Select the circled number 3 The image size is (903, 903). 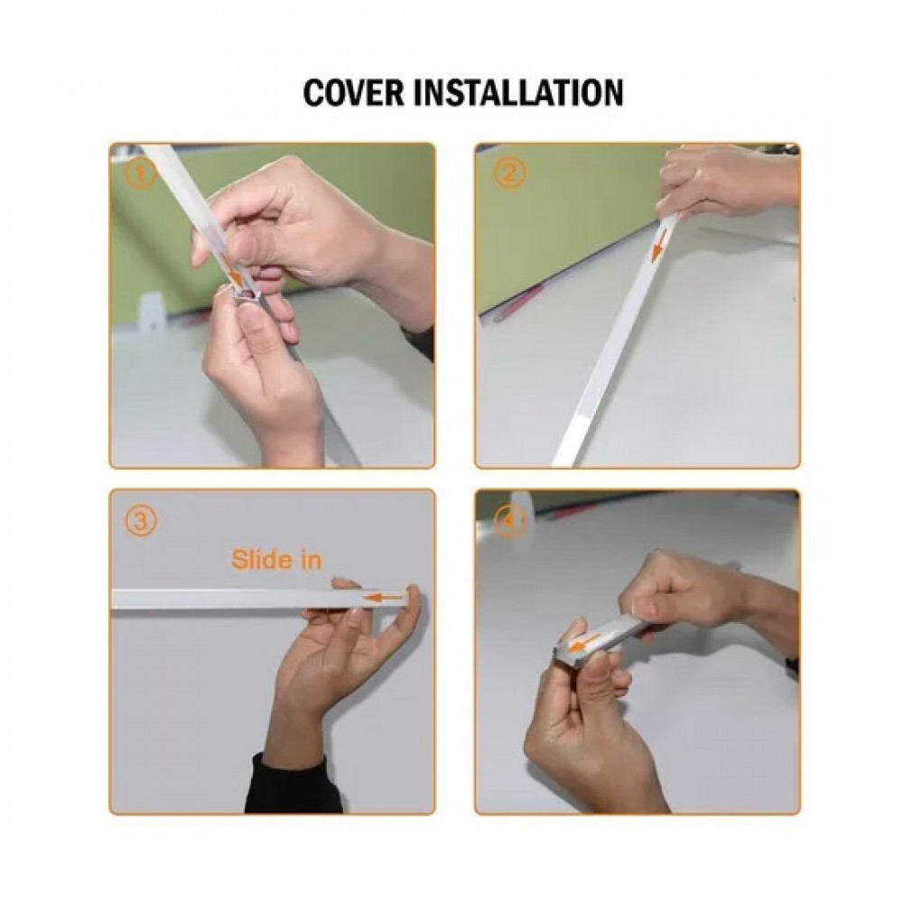[x=141, y=522]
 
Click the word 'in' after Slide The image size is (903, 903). [x=311, y=559]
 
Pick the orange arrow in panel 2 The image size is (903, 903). [x=659, y=244]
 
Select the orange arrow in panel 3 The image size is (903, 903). [x=382, y=599]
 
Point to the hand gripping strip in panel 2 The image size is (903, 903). [x=729, y=182]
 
